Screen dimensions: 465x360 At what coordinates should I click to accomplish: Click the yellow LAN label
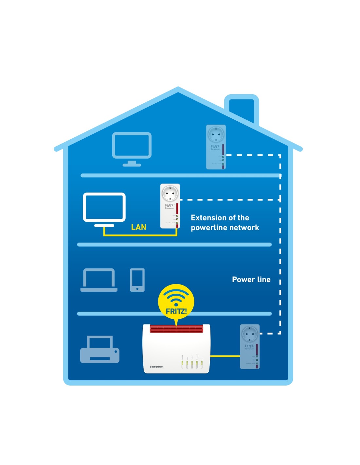(138, 227)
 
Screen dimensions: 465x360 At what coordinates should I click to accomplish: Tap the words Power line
(251, 280)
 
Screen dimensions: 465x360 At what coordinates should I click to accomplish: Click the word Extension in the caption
(209, 218)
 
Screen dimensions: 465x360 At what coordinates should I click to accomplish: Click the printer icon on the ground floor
(100, 350)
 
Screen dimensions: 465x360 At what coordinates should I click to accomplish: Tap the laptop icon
(99, 280)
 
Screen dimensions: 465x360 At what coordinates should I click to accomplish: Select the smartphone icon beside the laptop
(137, 280)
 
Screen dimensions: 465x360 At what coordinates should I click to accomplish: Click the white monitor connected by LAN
(104, 208)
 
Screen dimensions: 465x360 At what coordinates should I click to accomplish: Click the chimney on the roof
(242, 108)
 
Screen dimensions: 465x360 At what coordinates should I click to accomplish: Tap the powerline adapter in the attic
(216, 147)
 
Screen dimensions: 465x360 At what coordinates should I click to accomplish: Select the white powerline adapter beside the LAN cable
(170, 206)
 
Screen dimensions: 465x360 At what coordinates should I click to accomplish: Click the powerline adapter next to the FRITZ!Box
(250, 347)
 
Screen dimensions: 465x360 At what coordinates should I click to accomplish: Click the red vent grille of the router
(176, 329)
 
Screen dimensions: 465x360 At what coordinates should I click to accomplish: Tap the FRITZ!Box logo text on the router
(157, 367)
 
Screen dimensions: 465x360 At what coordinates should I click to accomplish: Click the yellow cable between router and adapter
(225, 356)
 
